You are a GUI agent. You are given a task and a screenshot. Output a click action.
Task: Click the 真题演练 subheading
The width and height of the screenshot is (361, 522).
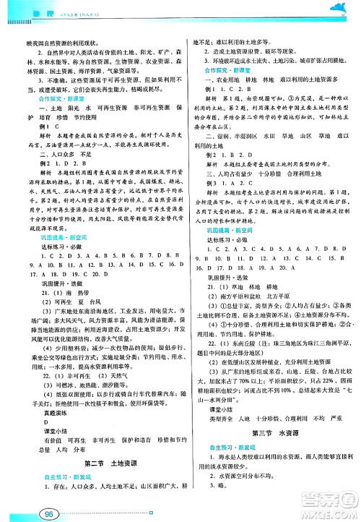pyautogui.click(x=48, y=388)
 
